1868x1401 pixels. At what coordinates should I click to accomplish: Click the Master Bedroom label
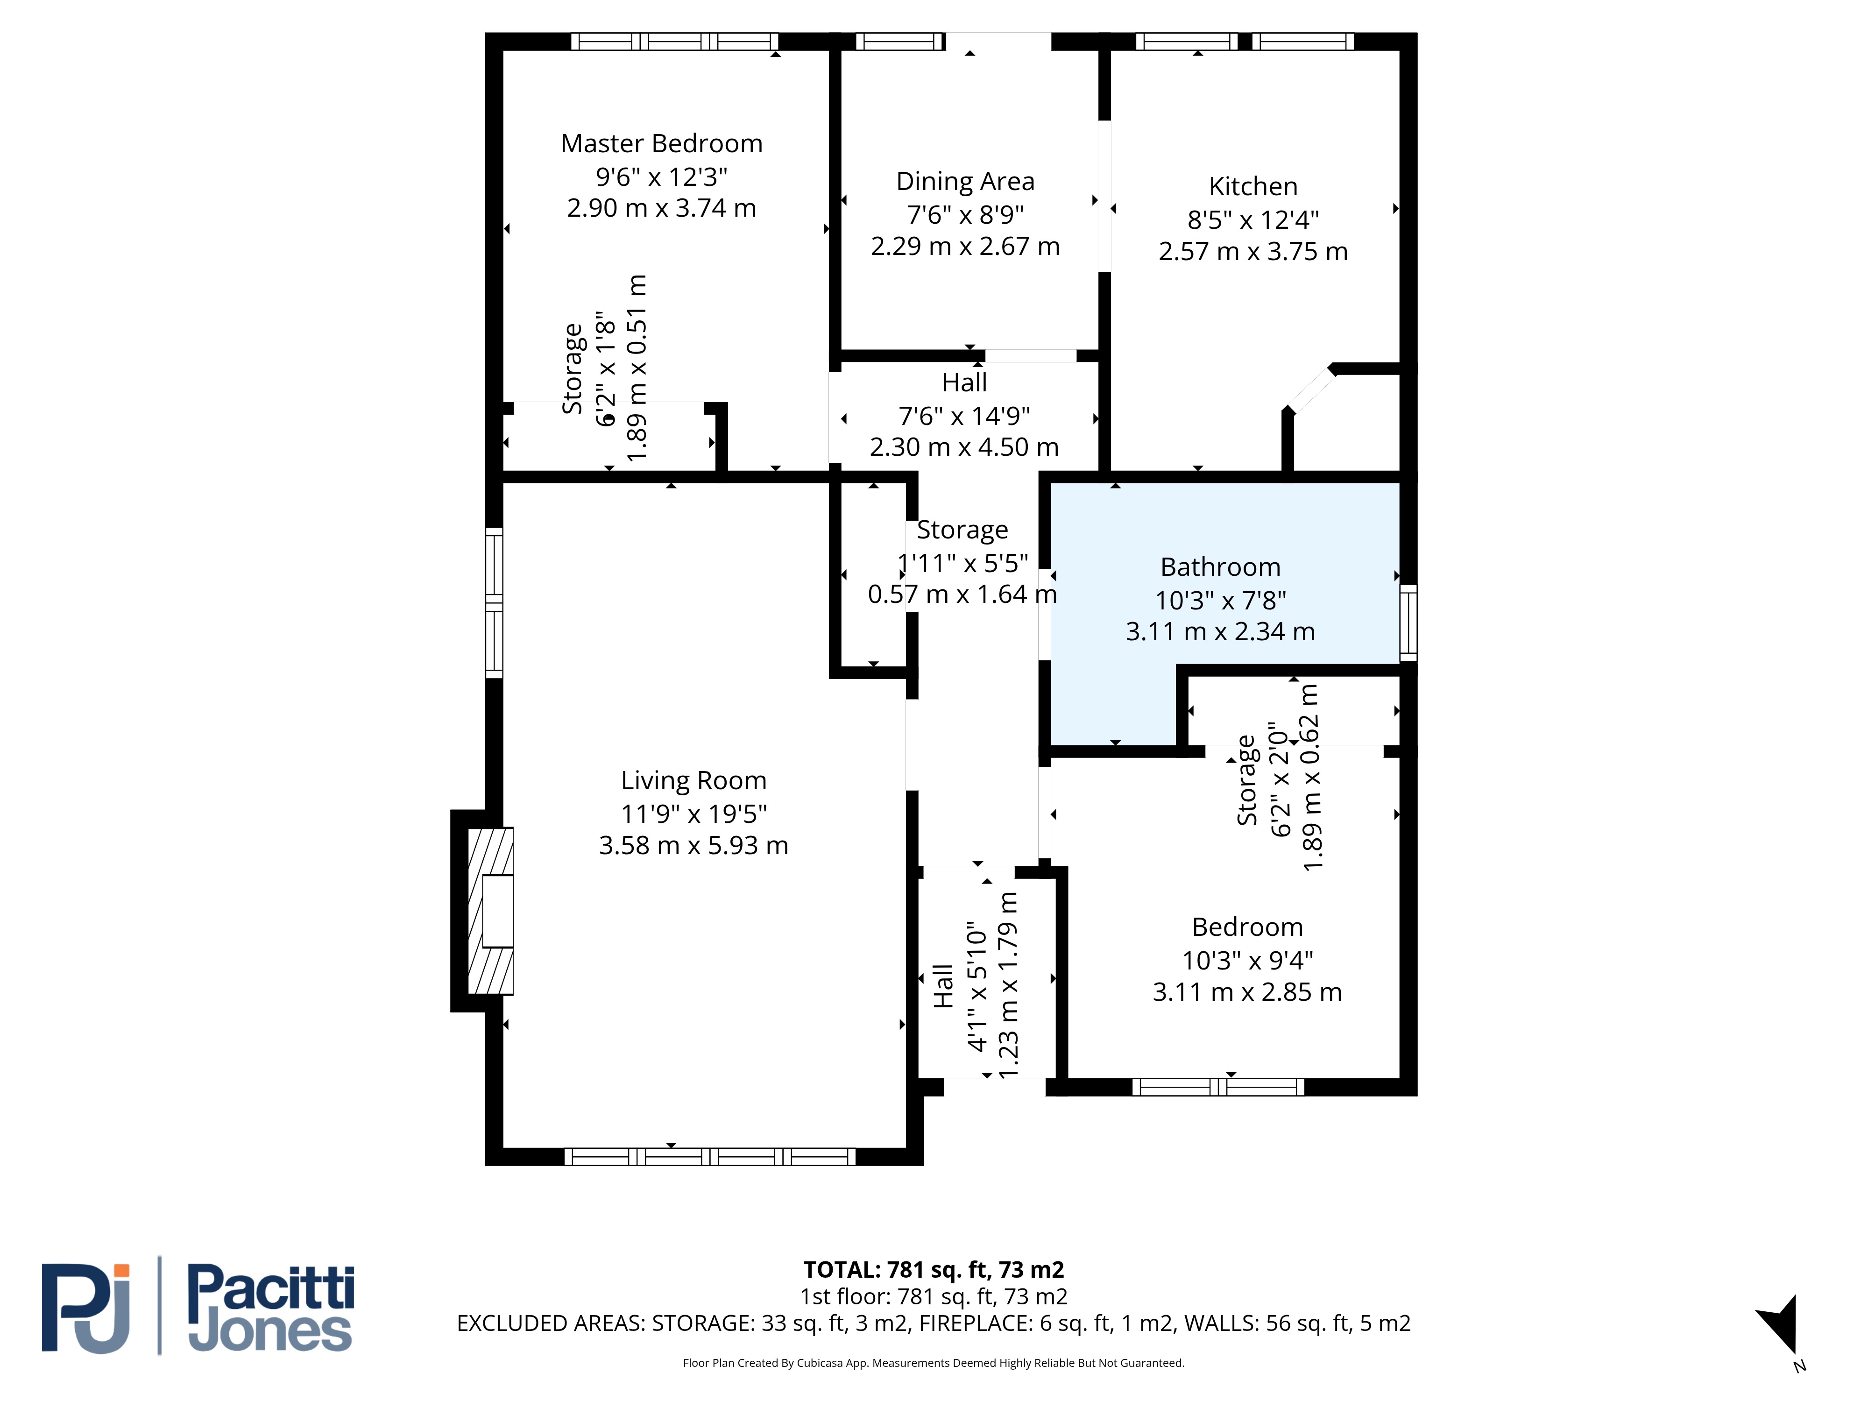(661, 143)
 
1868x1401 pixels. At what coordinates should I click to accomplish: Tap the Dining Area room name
(965, 182)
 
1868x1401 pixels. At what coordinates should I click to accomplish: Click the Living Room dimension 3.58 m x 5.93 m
(693, 845)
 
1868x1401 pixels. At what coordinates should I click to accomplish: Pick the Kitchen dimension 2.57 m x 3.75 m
(1253, 252)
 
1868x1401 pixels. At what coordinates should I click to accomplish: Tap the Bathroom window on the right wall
(1408, 623)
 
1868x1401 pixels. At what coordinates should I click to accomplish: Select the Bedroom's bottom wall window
(1218, 1087)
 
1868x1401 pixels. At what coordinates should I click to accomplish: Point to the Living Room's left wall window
(494, 603)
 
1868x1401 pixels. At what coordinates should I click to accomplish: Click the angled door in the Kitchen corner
(1311, 391)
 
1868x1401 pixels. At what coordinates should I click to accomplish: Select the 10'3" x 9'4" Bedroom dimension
(1247, 960)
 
